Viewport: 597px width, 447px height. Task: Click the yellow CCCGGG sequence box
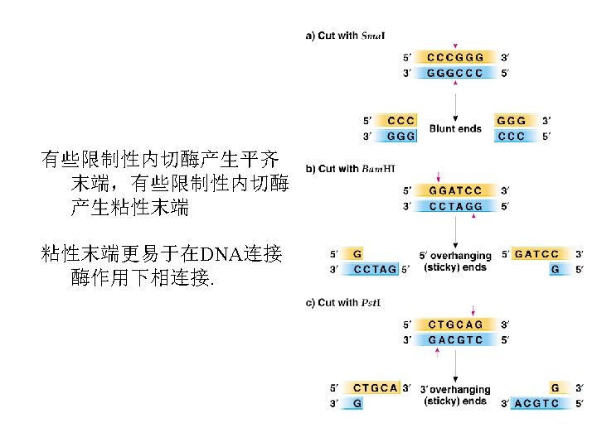pyautogui.click(x=455, y=58)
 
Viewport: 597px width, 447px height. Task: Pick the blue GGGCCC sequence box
pyautogui.click(x=455, y=73)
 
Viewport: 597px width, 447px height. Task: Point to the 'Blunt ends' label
pyautogui.click(x=455, y=128)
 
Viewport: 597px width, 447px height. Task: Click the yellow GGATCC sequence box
pyautogui.click(x=455, y=190)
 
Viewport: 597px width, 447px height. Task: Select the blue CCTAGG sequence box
pyautogui.click(x=455, y=205)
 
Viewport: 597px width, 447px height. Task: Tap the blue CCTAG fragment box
pyautogui.click(x=374, y=269)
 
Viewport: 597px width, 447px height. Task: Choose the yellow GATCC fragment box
pyautogui.click(x=536, y=254)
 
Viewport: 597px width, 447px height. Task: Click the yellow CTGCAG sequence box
pyautogui.click(x=455, y=324)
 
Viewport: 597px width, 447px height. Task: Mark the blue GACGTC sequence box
pyautogui.click(x=455, y=339)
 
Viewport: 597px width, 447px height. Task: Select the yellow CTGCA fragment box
pyautogui.click(x=375, y=387)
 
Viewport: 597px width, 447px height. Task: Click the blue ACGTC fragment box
pyautogui.click(x=536, y=403)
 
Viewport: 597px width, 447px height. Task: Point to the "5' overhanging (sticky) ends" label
pyautogui.click(x=455, y=262)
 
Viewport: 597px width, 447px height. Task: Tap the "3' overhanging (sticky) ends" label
pyautogui.click(x=455, y=395)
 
